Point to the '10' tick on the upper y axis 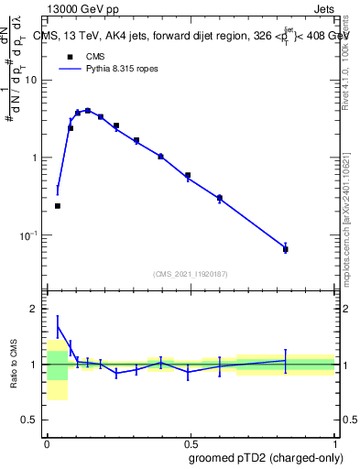(30, 80)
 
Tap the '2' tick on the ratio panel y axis (35, 309)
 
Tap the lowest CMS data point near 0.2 (58, 206)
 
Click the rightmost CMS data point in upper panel (286, 249)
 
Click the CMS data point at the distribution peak (88, 111)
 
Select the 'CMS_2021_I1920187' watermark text (191, 274)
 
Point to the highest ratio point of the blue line (58, 326)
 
